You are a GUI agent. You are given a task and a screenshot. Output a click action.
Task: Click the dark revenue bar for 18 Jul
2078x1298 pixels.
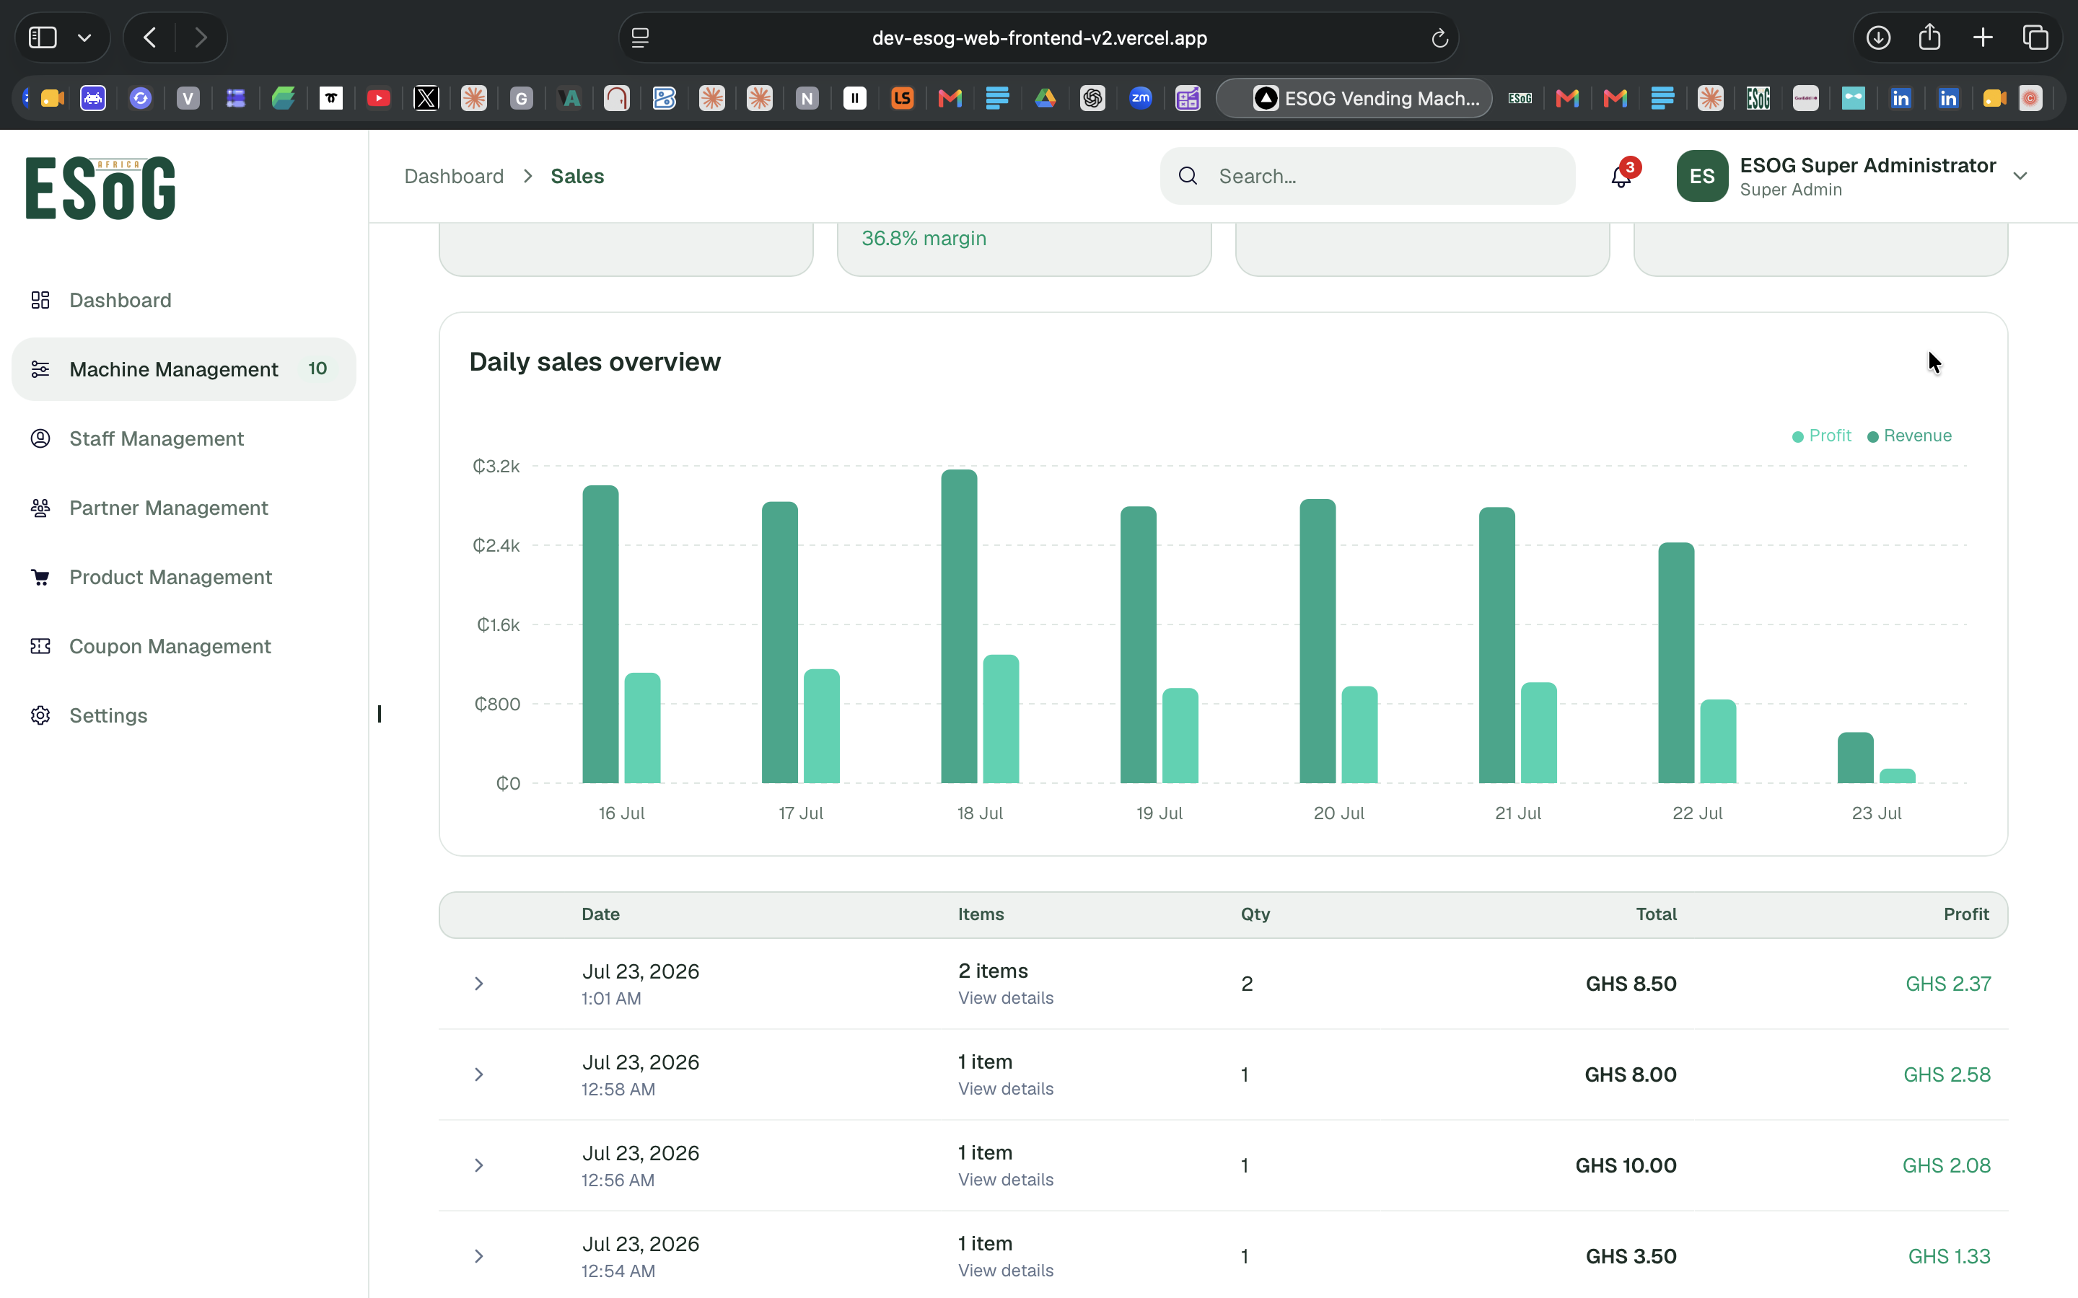coord(958,626)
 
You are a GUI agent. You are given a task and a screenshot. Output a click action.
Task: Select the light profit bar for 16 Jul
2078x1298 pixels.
coord(642,728)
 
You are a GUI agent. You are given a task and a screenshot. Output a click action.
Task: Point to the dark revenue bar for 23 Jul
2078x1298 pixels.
coord(1855,757)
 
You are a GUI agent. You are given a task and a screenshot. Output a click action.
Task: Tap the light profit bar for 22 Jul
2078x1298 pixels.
coord(1717,741)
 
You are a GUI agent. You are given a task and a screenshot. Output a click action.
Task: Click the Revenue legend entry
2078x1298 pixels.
coord(1910,436)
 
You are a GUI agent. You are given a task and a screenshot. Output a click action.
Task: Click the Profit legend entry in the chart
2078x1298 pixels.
coord(1821,436)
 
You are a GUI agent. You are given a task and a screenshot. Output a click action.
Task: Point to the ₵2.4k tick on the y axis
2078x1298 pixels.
coord(496,545)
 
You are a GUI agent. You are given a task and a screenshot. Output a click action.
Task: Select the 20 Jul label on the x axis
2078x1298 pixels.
coord(1338,813)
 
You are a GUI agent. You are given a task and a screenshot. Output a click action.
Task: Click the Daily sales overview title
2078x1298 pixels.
coord(595,361)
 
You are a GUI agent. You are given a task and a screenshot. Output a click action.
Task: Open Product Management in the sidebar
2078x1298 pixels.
coord(170,577)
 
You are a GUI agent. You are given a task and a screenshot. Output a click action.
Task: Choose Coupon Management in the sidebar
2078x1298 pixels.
coord(170,646)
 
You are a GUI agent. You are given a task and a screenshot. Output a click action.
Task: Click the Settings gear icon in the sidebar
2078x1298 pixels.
coord(40,715)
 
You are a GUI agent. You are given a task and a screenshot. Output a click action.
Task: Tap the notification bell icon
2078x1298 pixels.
coord(1621,176)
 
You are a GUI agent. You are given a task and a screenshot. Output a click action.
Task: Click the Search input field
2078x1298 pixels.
coord(1368,176)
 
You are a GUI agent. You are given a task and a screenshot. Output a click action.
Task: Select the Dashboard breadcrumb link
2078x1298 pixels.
coord(455,176)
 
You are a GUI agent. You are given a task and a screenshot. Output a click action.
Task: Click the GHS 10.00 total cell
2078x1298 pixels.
coord(1626,1165)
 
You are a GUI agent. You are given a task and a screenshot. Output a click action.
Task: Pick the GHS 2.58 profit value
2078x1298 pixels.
coord(1947,1074)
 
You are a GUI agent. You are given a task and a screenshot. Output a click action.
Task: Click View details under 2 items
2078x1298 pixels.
coord(1006,997)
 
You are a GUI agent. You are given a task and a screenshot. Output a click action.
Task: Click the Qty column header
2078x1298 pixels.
coord(1255,914)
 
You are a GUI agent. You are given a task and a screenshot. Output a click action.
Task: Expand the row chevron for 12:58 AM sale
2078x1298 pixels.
coord(479,1074)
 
